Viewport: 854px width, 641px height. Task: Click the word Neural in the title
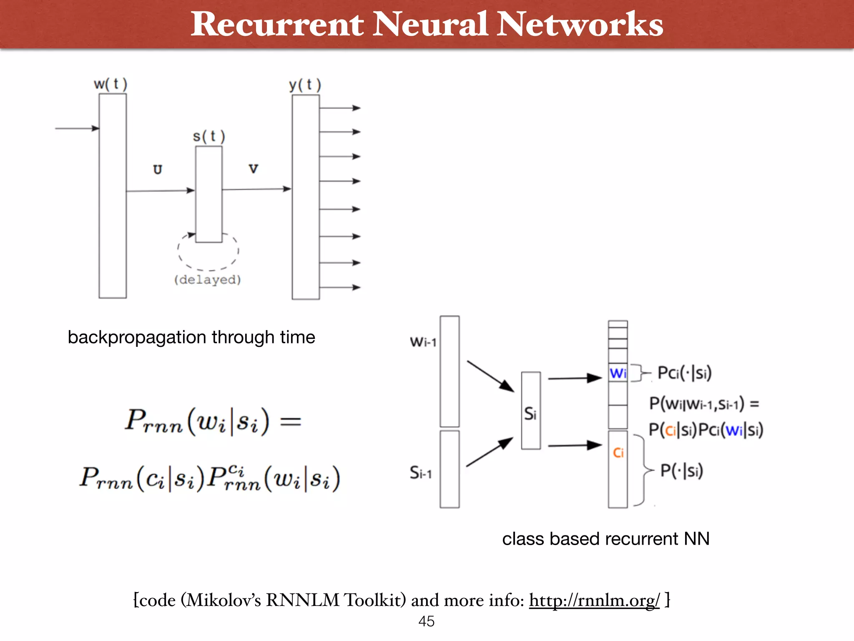[430, 24]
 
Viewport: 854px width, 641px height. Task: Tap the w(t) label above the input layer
[111, 84]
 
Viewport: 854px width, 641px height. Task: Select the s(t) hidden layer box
[209, 194]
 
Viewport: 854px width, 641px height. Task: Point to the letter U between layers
[157, 169]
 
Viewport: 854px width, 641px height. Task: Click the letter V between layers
[253, 169]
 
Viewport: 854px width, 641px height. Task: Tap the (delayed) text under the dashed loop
[208, 279]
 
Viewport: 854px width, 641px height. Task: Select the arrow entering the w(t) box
[77, 128]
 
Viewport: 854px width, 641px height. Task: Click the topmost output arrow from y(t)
[339, 108]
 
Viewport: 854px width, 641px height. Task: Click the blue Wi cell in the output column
[618, 373]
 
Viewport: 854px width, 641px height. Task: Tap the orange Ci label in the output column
[618, 453]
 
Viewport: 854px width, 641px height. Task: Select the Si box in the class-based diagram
[531, 411]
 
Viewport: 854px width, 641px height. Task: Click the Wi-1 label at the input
[423, 342]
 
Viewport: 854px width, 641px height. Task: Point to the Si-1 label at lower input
[420, 473]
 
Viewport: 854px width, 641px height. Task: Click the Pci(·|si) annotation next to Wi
[684, 373]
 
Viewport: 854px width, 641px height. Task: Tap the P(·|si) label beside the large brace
[681, 471]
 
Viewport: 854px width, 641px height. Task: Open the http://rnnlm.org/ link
[594, 600]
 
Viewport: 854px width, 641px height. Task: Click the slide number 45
[427, 621]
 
